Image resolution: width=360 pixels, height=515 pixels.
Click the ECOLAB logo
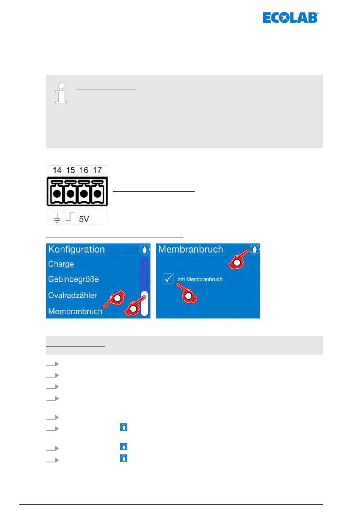pos(291,18)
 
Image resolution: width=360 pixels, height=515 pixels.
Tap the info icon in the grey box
pos(61,93)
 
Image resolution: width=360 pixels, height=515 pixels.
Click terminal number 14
pos(57,170)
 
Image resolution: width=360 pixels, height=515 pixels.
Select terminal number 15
pos(70,170)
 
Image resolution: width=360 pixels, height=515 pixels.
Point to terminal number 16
pos(84,170)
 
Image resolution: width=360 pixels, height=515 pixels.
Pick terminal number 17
pos(97,170)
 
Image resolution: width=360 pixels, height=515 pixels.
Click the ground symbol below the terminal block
pos(57,218)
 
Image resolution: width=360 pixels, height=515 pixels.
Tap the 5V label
pos(84,219)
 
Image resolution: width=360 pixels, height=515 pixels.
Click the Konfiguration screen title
pos(77,250)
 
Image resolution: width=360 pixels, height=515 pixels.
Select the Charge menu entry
pos(61,264)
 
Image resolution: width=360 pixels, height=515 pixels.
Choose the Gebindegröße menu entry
pos(73,279)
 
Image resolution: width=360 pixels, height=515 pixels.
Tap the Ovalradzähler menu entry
pos(72,295)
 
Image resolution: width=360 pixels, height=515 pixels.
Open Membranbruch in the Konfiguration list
pos(75,311)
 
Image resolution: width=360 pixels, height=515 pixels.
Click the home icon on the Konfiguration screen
pos(144,250)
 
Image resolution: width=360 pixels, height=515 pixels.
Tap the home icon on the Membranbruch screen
pos(255,250)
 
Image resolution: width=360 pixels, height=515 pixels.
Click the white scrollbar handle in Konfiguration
pos(144,303)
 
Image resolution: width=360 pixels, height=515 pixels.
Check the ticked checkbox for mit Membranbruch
pos(169,279)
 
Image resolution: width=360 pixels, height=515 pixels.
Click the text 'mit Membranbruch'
pos(200,279)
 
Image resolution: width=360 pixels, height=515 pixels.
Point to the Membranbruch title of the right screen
pos(191,250)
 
